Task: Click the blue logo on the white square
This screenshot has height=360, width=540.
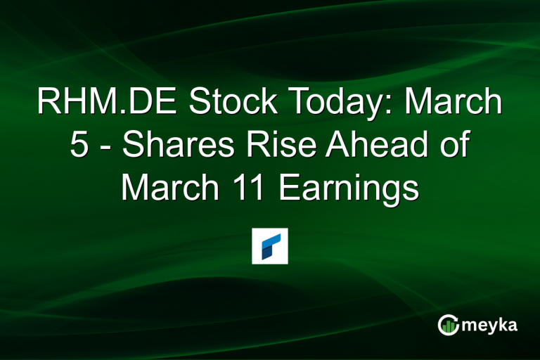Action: pos(270,246)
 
